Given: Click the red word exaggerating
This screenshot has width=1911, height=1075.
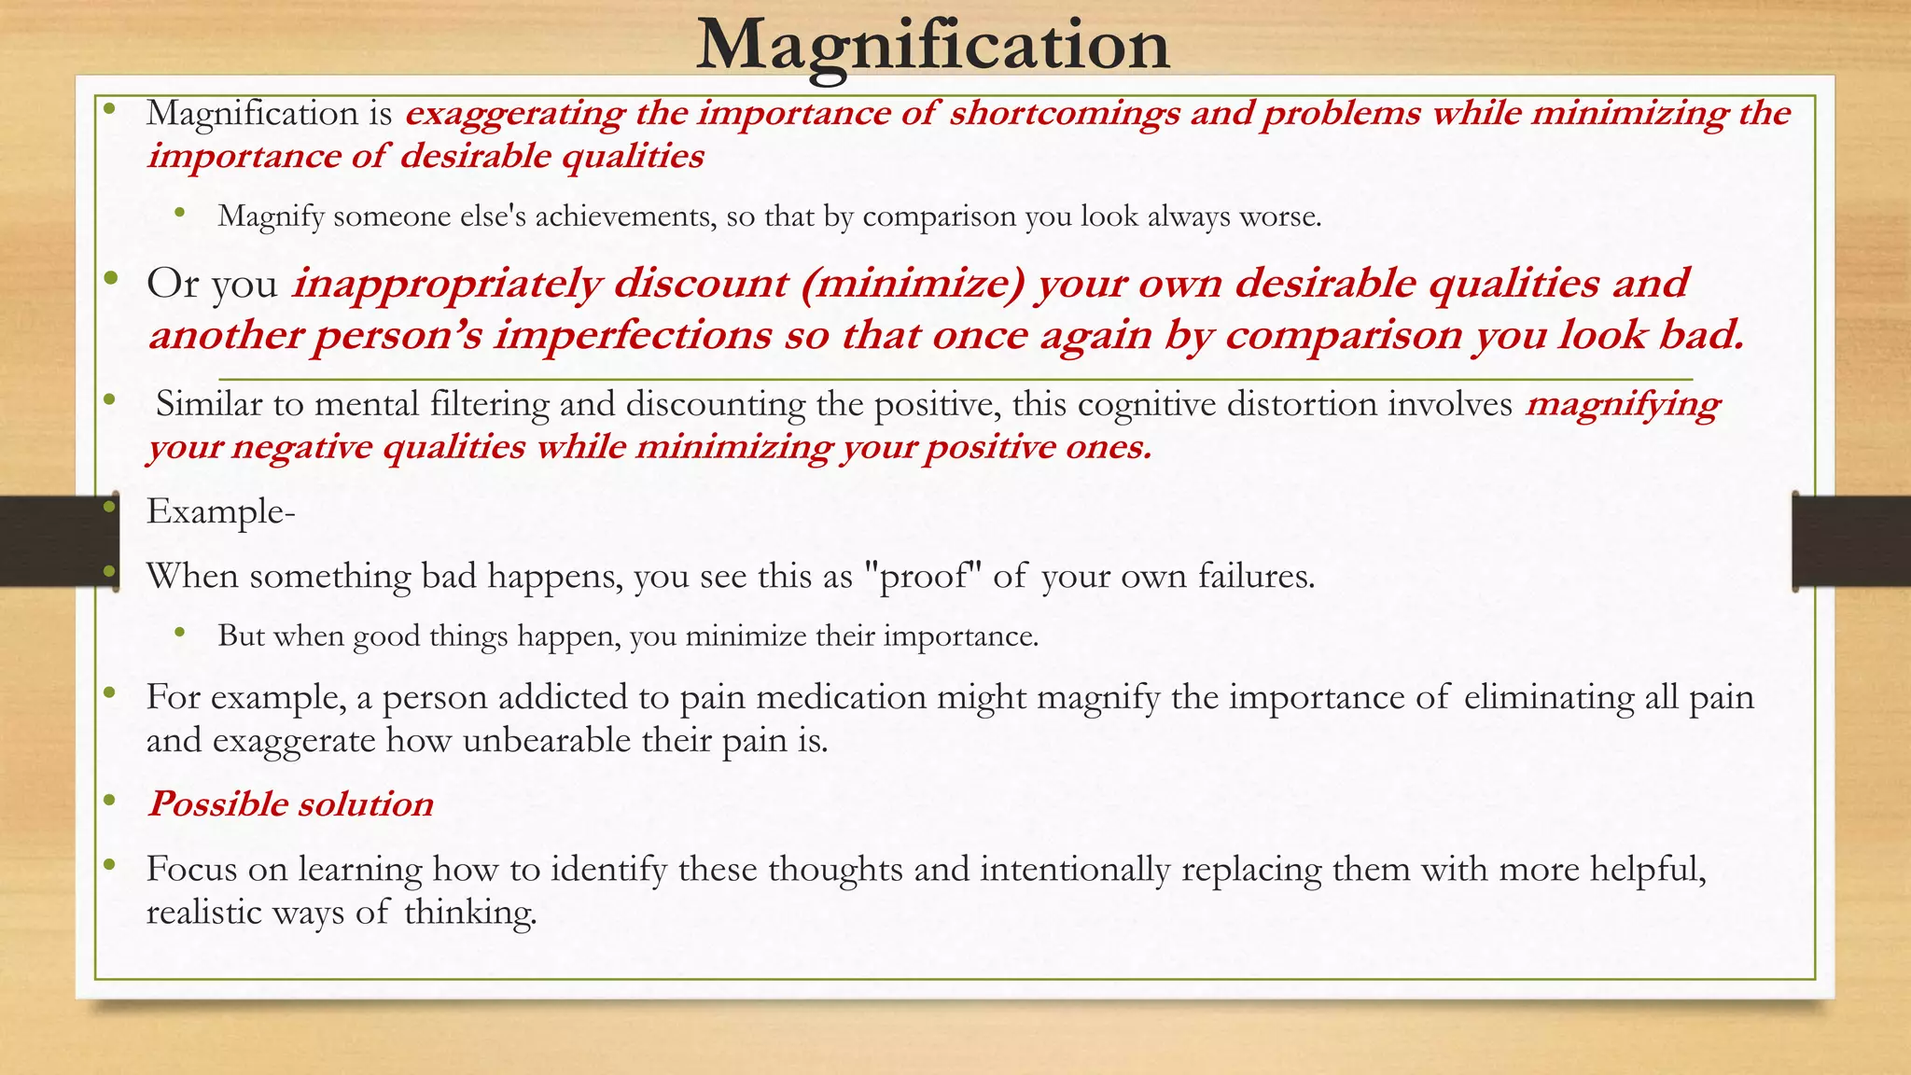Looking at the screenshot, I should [x=515, y=113].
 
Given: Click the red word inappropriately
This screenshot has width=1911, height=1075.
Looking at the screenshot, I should [x=447, y=284].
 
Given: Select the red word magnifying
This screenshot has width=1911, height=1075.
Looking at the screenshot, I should [x=1623, y=404].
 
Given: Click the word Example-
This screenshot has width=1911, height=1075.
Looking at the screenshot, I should [x=220, y=511].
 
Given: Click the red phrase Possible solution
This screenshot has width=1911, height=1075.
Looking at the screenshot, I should [x=290, y=804].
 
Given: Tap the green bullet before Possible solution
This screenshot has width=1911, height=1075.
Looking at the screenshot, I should [x=110, y=800].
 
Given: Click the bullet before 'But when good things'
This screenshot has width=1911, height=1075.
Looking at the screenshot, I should [x=180, y=633].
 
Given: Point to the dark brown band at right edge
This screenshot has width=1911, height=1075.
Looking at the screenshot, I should [x=1852, y=541].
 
